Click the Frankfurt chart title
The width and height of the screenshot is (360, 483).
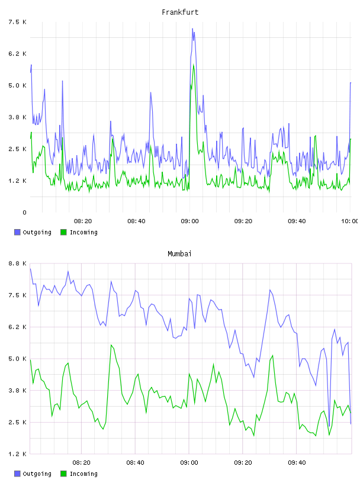pos(180,12)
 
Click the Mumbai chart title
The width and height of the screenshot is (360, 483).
pos(179,254)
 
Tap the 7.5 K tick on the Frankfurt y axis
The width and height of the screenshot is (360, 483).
pos(17,22)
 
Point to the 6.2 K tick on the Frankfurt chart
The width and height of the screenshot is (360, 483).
pos(17,54)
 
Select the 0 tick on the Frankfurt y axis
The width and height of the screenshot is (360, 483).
pos(24,212)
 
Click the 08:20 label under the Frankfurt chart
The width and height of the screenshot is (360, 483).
pos(83,221)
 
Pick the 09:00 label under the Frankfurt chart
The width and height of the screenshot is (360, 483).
pos(190,221)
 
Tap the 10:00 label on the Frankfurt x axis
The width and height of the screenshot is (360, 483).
pos(349,221)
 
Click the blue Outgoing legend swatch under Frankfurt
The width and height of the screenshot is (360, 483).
pos(17,232)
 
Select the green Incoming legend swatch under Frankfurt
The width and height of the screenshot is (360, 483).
pos(63,232)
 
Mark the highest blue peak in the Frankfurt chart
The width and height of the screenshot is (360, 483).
pos(192,28)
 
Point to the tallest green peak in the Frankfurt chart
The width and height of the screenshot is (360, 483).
pos(194,65)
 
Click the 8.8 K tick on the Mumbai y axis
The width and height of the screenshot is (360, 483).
pos(17,263)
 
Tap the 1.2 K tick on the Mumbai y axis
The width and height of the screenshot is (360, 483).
pos(17,454)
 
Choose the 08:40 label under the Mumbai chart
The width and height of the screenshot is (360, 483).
pos(136,463)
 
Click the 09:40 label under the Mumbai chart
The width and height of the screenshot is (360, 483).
pos(297,463)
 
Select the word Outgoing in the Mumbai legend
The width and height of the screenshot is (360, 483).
pos(37,474)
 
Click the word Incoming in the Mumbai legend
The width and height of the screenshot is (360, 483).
pos(83,474)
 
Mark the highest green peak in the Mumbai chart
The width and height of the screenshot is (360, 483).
pos(111,345)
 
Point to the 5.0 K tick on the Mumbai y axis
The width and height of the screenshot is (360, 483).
pos(17,359)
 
